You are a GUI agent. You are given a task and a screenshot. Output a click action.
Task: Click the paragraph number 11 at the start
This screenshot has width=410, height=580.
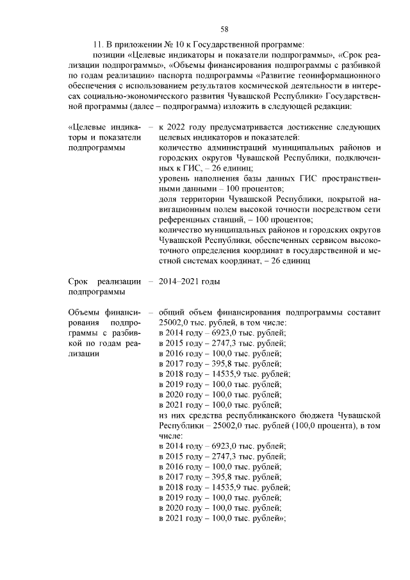98,44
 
